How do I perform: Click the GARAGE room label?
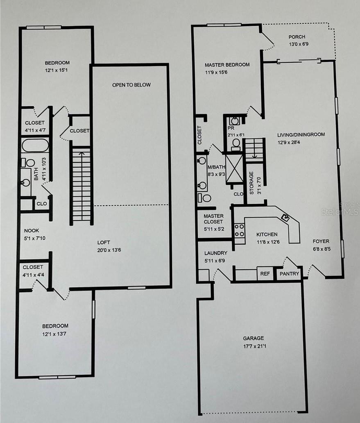point(253,338)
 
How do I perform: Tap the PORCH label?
point(297,37)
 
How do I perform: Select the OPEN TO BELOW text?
point(131,85)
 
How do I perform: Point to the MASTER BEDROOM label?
point(227,65)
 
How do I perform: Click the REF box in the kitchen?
point(263,273)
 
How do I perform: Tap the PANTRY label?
point(290,273)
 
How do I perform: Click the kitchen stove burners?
point(239,230)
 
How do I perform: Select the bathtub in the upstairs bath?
point(35,146)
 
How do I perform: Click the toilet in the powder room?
point(236,143)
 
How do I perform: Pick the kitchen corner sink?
point(285,218)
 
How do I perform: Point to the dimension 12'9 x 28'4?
point(290,143)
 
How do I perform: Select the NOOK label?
point(32,230)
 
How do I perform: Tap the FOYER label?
point(321,241)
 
